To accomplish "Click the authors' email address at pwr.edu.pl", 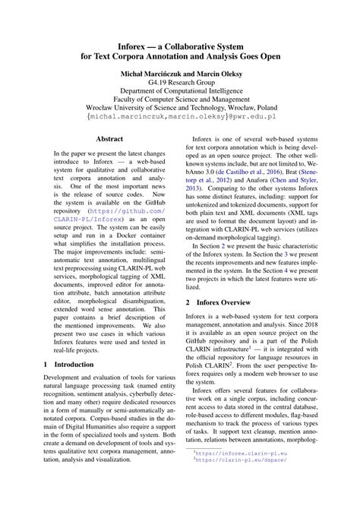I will tap(179, 120).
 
